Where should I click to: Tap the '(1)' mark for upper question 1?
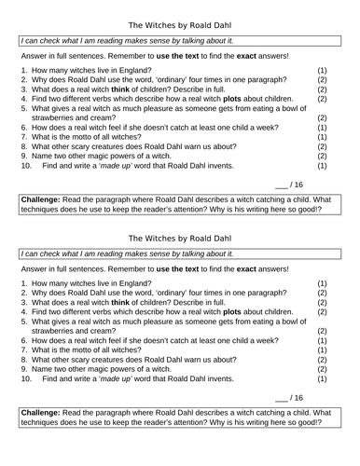point(323,71)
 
